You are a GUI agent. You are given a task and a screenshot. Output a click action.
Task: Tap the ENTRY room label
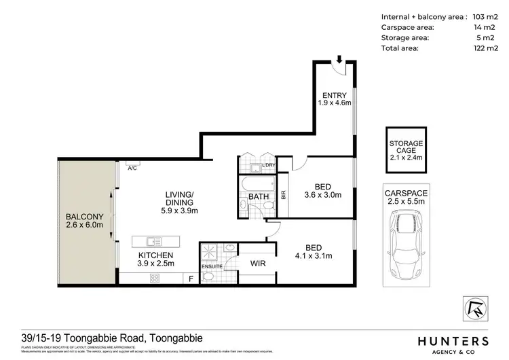(x=335, y=94)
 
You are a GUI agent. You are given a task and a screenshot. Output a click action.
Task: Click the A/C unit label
(x=132, y=168)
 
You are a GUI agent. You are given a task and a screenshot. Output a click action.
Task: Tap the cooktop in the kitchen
(x=154, y=277)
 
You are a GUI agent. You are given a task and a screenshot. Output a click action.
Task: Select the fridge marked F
(x=191, y=278)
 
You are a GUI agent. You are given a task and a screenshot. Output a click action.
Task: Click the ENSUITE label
(x=210, y=266)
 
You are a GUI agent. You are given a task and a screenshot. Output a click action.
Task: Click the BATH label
(x=258, y=197)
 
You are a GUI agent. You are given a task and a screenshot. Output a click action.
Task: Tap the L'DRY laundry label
(x=269, y=165)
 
